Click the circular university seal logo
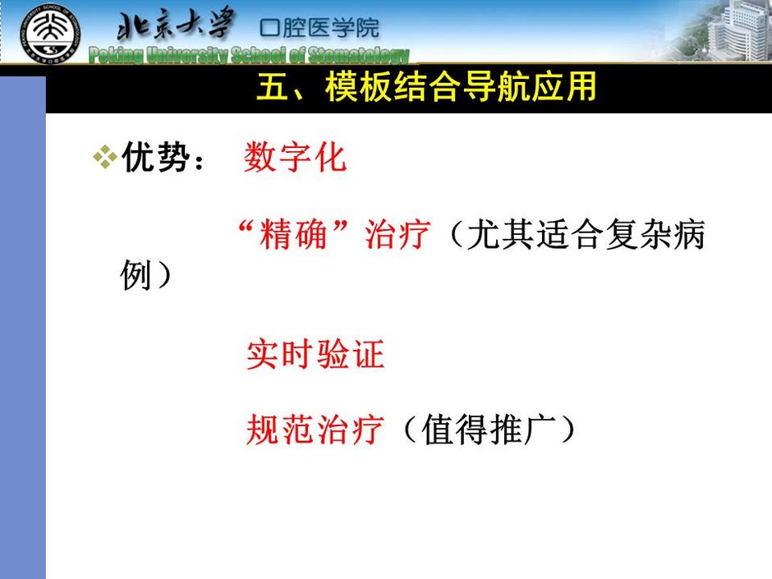point(50,34)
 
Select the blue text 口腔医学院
point(319,28)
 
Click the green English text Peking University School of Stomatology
point(249,56)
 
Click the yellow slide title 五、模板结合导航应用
point(426,87)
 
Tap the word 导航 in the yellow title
point(495,87)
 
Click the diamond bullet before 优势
point(105,157)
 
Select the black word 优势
point(155,157)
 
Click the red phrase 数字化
point(295,157)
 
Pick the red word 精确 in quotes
point(293,234)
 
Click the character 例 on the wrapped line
point(136,275)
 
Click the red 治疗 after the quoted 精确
point(397,234)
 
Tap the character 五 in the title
point(273,87)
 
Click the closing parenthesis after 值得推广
point(568,430)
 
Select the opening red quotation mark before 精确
point(246,227)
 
